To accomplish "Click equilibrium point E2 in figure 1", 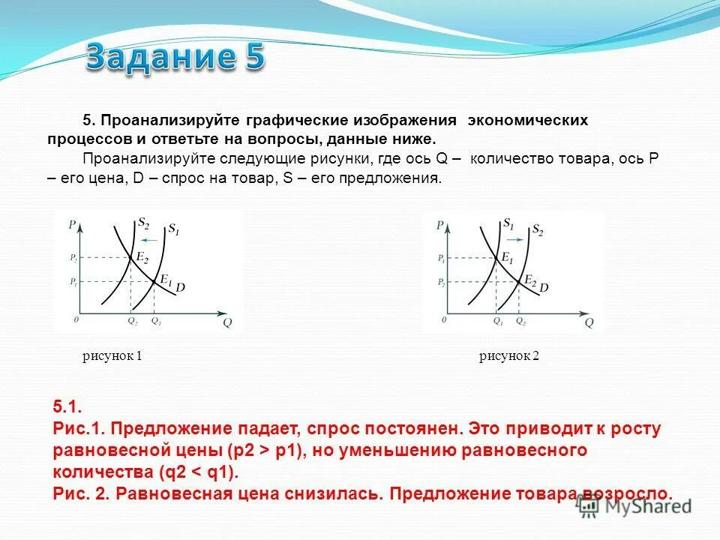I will tap(131, 257).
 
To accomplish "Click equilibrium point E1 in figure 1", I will tap(154, 281).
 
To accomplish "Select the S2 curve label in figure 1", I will tap(143, 223).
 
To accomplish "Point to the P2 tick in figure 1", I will tap(73, 257).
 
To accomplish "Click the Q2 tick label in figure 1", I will tap(132, 320).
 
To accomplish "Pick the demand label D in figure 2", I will tap(544, 287).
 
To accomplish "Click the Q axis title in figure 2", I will tap(589, 323).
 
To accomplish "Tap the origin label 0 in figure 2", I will tap(443, 319).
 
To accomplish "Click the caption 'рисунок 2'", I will tap(509, 357).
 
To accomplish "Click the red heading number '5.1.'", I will tap(67, 406).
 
